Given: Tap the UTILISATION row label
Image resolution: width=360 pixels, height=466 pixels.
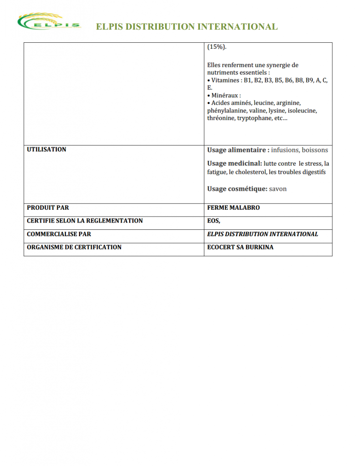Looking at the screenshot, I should (x=46, y=150).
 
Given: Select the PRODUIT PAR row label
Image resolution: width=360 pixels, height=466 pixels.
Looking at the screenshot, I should (x=48, y=208).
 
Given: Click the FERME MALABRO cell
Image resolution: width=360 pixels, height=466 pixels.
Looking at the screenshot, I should (x=233, y=208).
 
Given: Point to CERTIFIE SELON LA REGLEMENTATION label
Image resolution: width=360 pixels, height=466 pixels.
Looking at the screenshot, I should (x=85, y=221).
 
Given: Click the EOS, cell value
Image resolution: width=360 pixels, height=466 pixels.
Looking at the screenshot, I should (x=214, y=221).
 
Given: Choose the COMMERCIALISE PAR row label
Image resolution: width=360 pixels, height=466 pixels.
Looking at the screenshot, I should (x=59, y=234).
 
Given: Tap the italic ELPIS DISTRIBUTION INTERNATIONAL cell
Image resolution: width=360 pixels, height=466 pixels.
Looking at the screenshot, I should (x=263, y=234).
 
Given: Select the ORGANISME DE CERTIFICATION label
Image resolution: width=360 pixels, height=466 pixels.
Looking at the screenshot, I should (x=74, y=247).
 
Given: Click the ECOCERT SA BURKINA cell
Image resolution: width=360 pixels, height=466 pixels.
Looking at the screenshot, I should (x=240, y=247).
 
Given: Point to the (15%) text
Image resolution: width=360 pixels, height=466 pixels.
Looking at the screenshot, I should (x=217, y=47).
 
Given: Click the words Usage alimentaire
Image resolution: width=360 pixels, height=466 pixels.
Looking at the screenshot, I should (x=238, y=150).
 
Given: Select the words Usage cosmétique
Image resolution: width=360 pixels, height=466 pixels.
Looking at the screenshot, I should (x=237, y=189).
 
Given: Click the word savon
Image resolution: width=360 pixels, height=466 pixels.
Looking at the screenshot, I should (x=278, y=189).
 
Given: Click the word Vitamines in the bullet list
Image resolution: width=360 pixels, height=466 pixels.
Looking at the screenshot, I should (x=225, y=80).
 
